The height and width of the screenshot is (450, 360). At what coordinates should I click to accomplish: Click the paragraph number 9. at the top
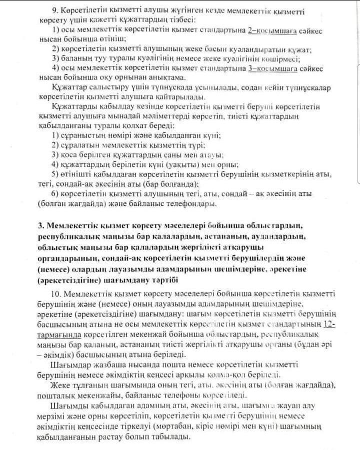(56, 10)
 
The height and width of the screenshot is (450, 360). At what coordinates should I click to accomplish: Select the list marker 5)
(56, 174)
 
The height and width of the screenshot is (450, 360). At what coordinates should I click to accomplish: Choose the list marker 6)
(56, 193)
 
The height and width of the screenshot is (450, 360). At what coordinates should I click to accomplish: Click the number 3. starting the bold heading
(41, 226)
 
